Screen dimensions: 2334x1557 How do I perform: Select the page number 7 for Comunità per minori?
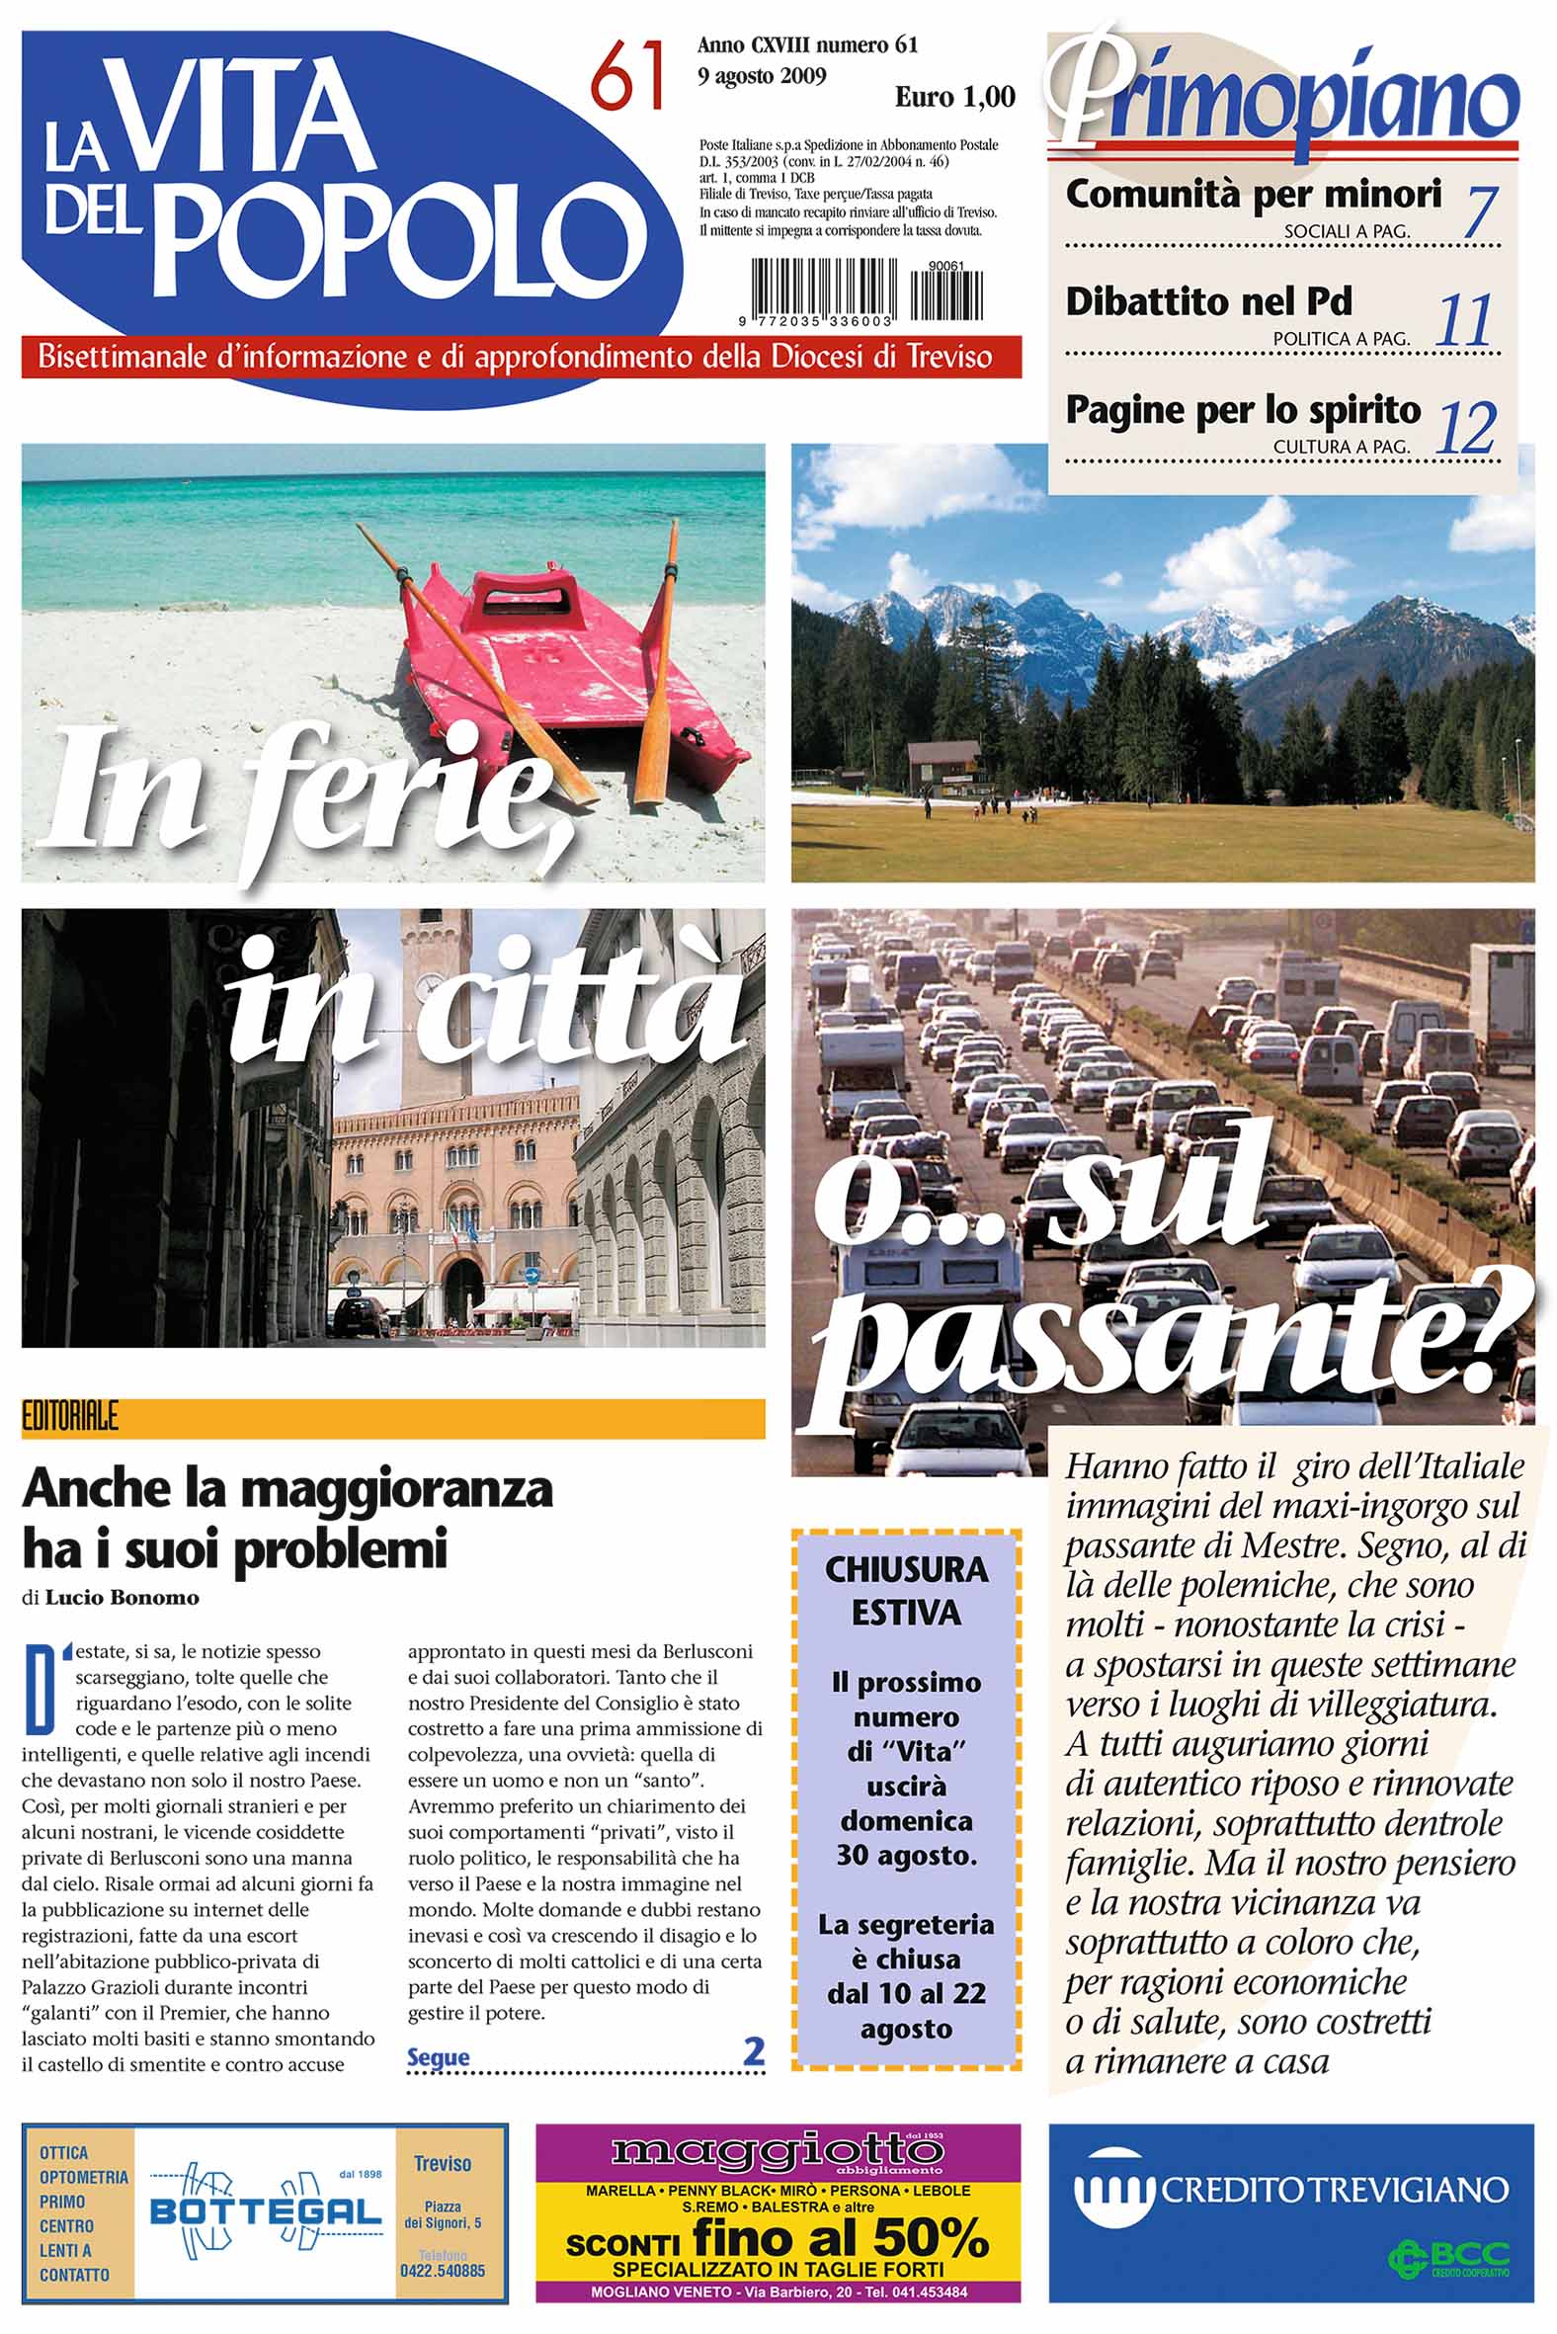click(1480, 210)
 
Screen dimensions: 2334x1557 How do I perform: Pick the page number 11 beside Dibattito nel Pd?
click(1466, 320)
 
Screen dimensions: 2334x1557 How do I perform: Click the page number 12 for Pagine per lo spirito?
click(1467, 428)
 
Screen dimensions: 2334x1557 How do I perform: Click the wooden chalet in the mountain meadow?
click(944, 766)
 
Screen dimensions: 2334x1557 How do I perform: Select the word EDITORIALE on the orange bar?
click(70, 1417)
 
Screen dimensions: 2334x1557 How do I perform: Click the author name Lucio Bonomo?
click(123, 1598)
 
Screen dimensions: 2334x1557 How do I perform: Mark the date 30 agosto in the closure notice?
click(906, 1855)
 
